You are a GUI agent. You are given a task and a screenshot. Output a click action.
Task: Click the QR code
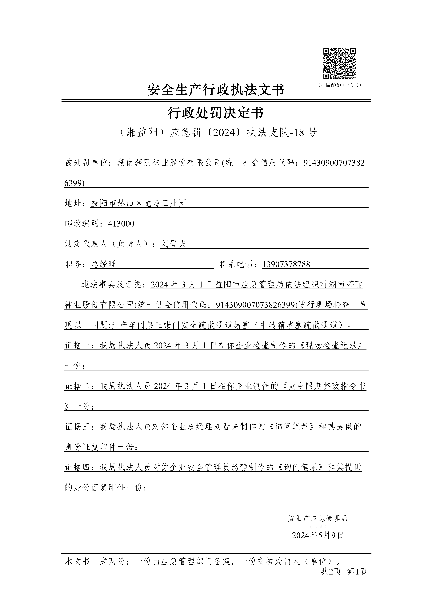click(x=339, y=64)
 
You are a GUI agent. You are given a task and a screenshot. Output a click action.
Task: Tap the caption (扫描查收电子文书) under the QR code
click(x=339, y=85)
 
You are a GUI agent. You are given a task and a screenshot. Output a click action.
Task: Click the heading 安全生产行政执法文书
click(x=216, y=90)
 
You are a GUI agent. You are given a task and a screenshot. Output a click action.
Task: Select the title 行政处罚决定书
click(x=216, y=113)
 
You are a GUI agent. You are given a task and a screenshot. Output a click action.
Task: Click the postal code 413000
click(x=121, y=224)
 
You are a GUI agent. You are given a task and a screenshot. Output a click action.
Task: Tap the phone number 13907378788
click(x=286, y=264)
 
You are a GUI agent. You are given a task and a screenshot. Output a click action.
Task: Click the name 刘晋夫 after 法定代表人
click(x=173, y=244)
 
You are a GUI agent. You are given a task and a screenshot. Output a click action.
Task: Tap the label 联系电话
click(x=238, y=264)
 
